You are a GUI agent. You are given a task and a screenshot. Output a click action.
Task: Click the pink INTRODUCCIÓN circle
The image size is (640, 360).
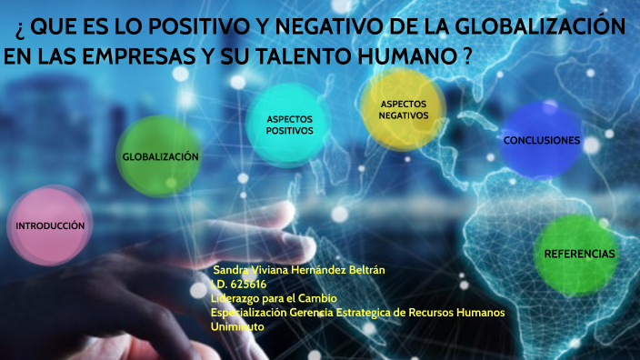point(50,225)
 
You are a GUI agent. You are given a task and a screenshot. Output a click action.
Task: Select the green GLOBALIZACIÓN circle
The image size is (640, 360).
point(160,156)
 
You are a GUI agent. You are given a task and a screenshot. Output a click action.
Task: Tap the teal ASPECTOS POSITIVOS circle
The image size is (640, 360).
point(289,125)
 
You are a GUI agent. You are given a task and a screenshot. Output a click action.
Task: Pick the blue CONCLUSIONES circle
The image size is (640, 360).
point(541,141)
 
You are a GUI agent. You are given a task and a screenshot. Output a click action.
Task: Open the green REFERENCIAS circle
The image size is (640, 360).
point(579,253)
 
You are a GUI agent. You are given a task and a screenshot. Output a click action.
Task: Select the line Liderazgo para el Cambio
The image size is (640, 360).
point(274,298)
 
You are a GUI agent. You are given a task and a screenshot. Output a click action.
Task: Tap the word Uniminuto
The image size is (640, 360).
point(237,325)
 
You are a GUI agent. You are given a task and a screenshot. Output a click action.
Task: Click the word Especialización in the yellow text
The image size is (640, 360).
point(248,312)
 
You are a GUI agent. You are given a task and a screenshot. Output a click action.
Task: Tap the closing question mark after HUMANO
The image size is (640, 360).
point(466,56)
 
